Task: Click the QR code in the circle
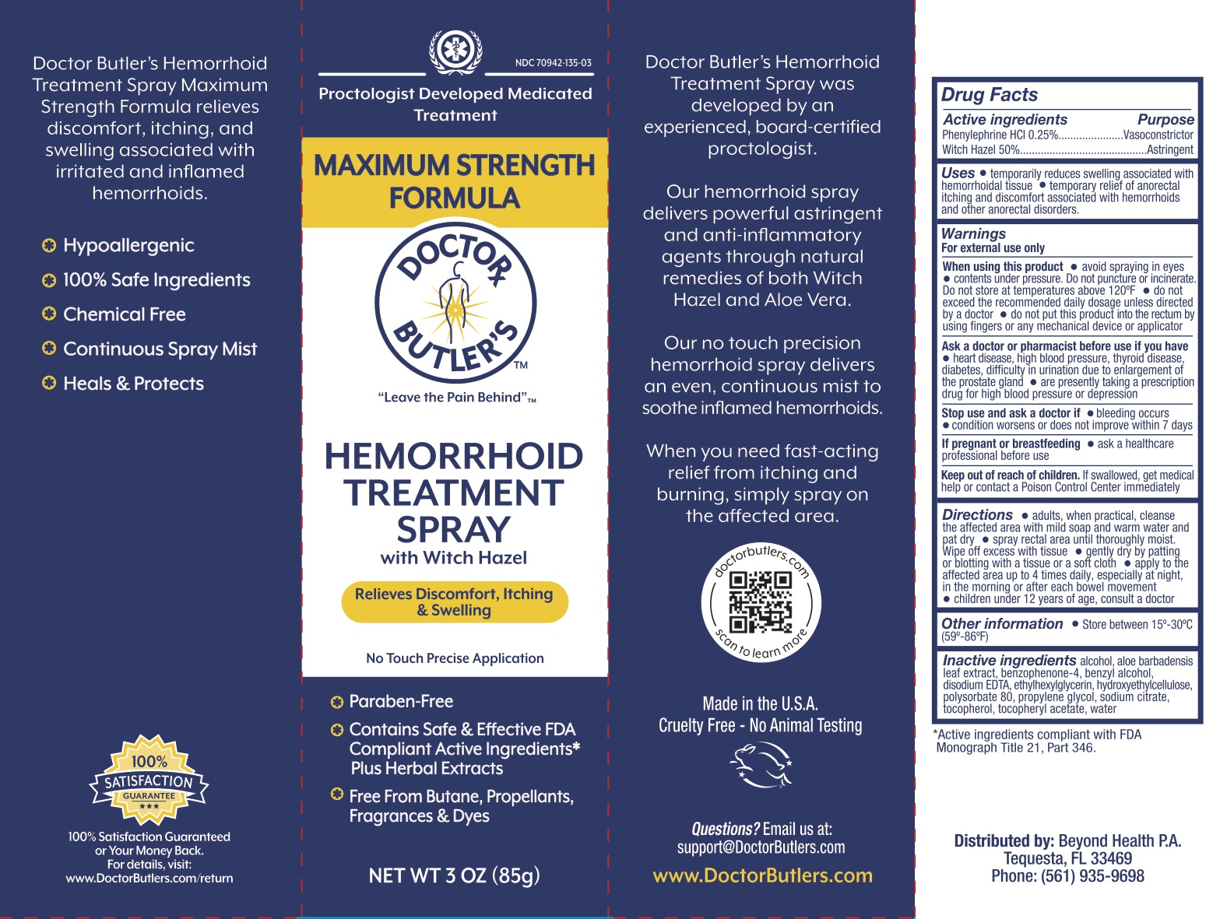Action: (760, 602)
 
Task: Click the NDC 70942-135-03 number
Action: (553, 63)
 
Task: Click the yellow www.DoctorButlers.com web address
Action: (762, 875)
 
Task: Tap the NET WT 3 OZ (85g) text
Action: (454, 875)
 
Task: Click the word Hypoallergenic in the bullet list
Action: (128, 245)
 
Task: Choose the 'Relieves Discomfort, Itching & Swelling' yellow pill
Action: (455, 602)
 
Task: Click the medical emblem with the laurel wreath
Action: (455, 51)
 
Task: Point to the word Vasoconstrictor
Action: (1158, 135)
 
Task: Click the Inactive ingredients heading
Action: (1009, 660)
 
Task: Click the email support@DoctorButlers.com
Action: (761, 847)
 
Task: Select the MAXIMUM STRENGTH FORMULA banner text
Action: (454, 181)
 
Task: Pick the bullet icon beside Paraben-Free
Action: (337, 702)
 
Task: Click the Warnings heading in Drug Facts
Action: (973, 233)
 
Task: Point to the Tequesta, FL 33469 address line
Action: (1067, 858)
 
